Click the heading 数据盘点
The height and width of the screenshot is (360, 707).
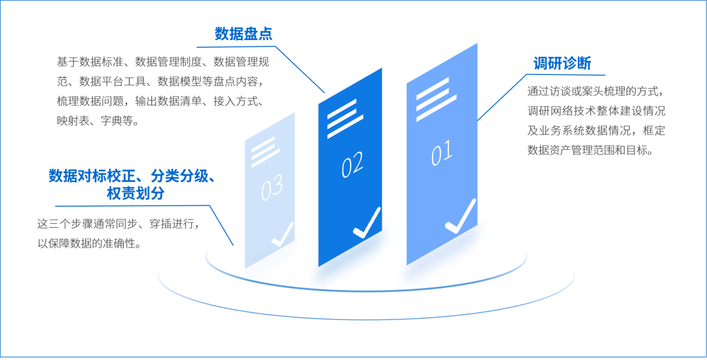244,34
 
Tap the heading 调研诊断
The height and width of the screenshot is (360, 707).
562,63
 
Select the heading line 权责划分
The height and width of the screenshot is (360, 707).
136,194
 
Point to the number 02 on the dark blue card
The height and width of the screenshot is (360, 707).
352,166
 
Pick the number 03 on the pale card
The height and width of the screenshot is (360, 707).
272,188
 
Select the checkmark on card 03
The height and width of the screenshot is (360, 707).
283,234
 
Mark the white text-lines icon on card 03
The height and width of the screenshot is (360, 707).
265,151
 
